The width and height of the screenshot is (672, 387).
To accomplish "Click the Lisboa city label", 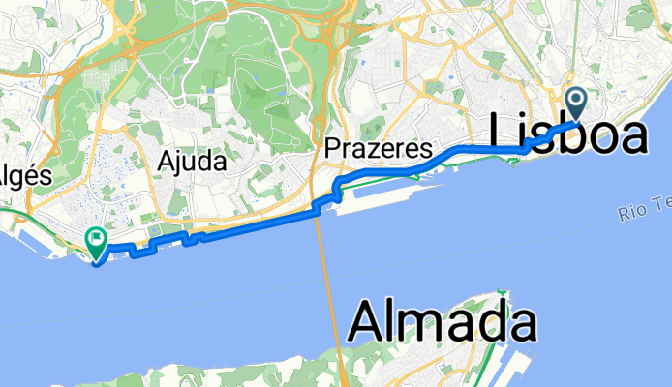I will (569, 135).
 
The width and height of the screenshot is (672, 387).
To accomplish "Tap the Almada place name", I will (443, 319).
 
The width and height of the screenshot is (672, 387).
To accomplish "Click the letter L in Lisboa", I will (505, 135).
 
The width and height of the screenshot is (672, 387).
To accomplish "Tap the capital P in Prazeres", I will (332, 151).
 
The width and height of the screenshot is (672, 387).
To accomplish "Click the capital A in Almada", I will (369, 319).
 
